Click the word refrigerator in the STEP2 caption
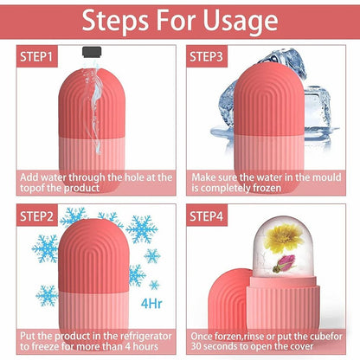click(x=136, y=333)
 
